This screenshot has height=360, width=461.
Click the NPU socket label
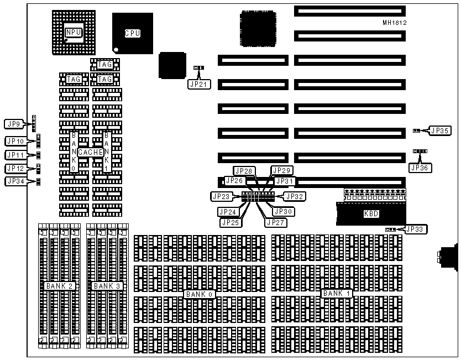click(74, 33)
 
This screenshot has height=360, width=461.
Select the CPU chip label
click(132, 33)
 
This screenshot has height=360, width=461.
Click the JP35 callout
click(440, 131)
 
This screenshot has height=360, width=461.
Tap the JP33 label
click(416, 228)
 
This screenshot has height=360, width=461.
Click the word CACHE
click(91, 152)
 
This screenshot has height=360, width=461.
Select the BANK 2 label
click(61, 286)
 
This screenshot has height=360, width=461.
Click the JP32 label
click(294, 196)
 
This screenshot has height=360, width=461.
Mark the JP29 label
click(282, 170)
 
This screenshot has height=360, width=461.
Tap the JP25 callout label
click(231, 222)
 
